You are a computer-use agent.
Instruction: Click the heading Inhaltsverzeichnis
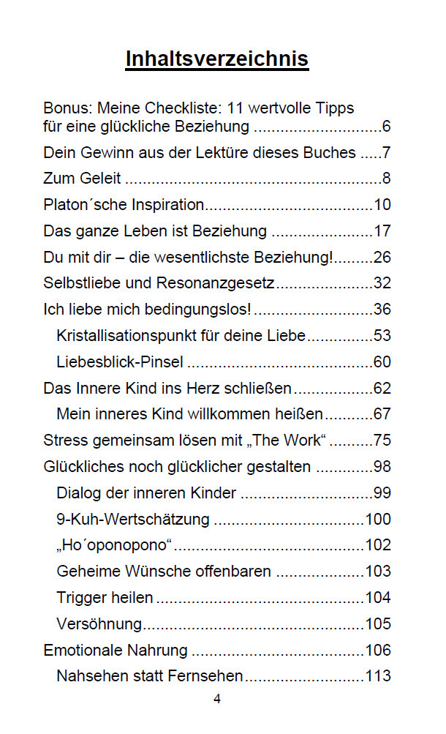(217, 59)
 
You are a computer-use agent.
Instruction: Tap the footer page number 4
(217, 699)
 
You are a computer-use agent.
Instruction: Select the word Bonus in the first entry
(63, 108)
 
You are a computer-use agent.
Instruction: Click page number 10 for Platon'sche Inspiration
(382, 205)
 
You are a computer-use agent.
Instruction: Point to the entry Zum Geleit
(82, 179)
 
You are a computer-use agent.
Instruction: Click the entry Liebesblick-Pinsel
(120, 362)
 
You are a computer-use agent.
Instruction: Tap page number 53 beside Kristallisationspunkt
(382, 336)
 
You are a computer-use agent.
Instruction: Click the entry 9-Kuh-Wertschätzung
(132, 520)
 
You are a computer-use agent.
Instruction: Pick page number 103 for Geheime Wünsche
(377, 572)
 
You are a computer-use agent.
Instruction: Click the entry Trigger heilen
(105, 598)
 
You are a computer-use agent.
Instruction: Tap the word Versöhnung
(99, 624)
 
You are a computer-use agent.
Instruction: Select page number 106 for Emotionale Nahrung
(377, 651)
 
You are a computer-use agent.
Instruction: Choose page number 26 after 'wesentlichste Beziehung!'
(382, 258)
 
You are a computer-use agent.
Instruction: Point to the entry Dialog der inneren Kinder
(146, 493)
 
